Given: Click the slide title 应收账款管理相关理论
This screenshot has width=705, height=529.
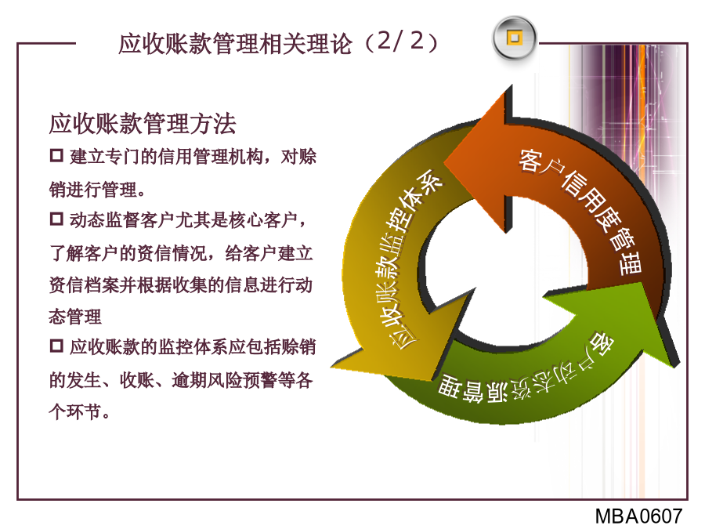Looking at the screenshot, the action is pyautogui.click(x=235, y=44).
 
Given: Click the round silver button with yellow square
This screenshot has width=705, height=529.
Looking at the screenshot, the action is pyautogui.click(x=515, y=38).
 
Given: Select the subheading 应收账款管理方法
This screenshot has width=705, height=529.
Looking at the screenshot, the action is pyautogui.click(x=143, y=124).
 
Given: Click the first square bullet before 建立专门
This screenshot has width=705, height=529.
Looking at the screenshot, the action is pyautogui.click(x=56, y=156).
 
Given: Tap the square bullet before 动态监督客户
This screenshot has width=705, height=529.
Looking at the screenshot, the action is pyautogui.click(x=56, y=219).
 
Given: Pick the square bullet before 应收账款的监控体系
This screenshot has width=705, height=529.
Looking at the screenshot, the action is pyautogui.click(x=56, y=346).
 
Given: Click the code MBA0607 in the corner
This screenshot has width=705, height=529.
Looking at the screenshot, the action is pyautogui.click(x=639, y=516).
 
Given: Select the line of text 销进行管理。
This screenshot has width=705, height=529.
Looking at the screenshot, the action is pyautogui.click(x=97, y=190).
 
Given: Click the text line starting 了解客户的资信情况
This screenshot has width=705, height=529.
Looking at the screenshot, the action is pyautogui.click(x=181, y=253).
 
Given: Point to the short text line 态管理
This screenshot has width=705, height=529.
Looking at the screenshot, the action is pyautogui.click(x=75, y=317).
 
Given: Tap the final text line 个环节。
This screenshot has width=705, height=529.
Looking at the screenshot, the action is pyautogui.click(x=79, y=411).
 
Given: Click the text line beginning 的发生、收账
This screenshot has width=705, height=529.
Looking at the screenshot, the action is pyautogui.click(x=181, y=380).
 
